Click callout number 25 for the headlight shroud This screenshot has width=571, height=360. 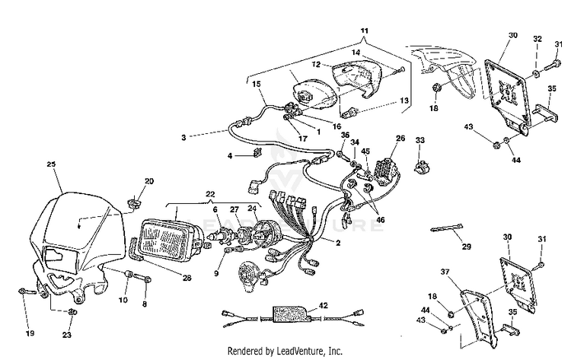[52, 164]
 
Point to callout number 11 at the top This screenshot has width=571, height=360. [364, 30]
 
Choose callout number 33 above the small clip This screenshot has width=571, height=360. [419, 142]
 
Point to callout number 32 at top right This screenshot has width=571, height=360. [538, 37]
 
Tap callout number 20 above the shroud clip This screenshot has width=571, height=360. [149, 181]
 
